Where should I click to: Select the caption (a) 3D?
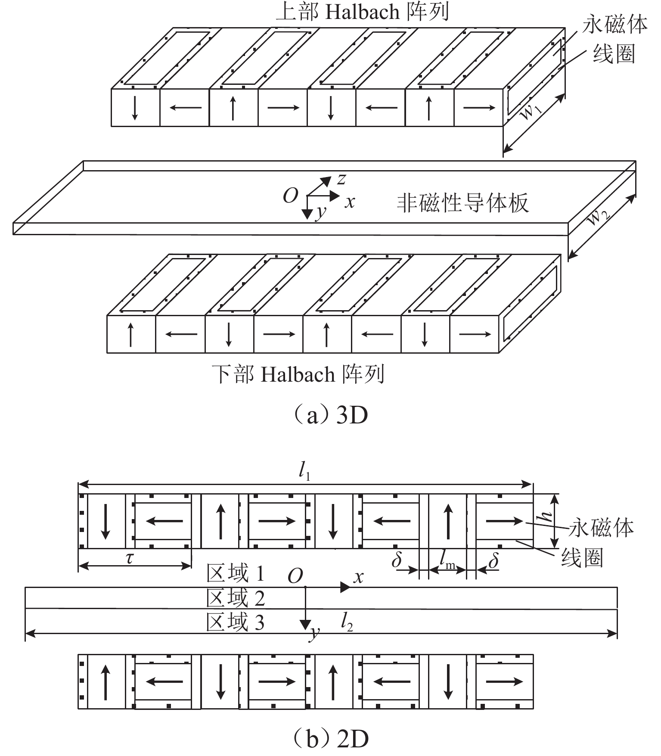[330, 416]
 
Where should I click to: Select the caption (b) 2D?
[330, 739]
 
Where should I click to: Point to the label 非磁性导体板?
[462, 203]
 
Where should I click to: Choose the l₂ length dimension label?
[347, 622]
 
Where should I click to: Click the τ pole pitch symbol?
[130, 558]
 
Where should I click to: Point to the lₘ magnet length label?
[447, 559]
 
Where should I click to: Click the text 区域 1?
[235, 573]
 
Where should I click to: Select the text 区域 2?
[235, 598]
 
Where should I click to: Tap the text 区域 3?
[235, 622]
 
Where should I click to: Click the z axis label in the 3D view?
[341, 178]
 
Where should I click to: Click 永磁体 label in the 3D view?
[614, 25]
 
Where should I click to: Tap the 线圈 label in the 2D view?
[581, 558]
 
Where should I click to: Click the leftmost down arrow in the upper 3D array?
[135, 108]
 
